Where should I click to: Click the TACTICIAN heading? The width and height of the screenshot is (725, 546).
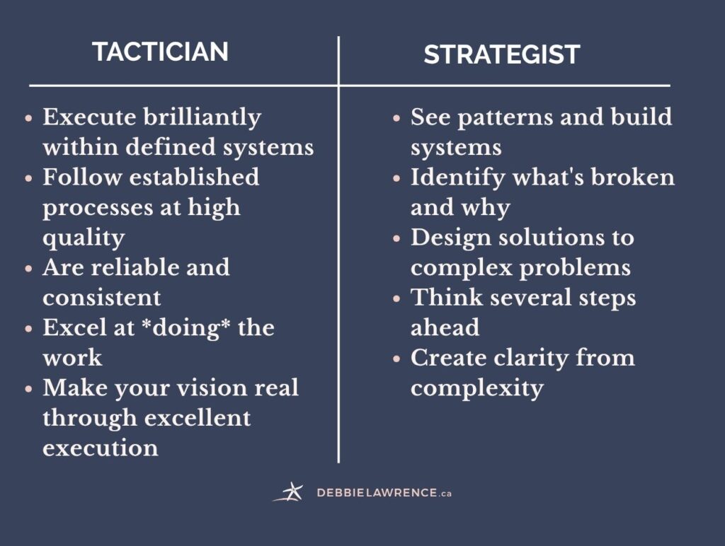[x=161, y=51]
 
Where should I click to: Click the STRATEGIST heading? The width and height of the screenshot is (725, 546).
[x=502, y=54]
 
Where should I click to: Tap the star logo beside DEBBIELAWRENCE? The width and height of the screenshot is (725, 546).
[x=289, y=492]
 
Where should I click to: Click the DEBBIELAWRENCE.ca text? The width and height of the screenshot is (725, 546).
[x=384, y=492]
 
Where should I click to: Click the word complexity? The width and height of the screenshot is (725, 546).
[x=476, y=388]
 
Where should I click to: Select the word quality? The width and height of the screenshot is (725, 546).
[x=84, y=238]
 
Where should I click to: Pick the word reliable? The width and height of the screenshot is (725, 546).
[x=135, y=267]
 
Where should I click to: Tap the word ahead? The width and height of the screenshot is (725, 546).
[x=445, y=327]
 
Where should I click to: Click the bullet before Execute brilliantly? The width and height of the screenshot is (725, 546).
[x=28, y=118]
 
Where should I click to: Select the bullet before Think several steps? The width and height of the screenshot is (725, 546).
[x=396, y=298]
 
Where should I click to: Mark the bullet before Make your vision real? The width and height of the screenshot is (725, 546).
[x=28, y=388]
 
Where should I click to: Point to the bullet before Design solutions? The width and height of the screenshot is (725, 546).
[x=396, y=238]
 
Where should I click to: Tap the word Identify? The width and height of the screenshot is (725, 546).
[x=457, y=178]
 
